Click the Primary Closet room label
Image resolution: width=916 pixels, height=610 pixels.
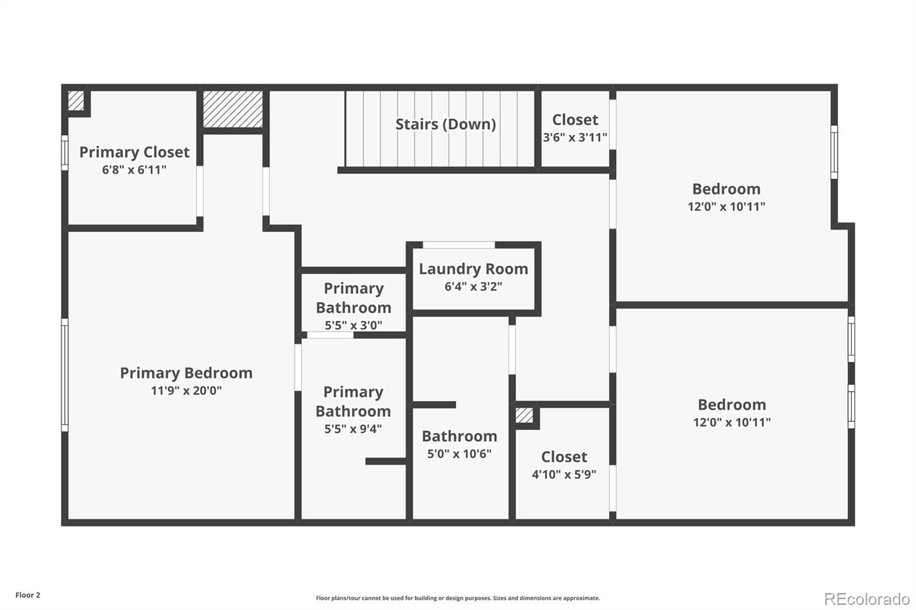pyautogui.click(x=134, y=152)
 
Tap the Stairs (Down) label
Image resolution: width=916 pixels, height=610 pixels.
pyautogui.click(x=445, y=124)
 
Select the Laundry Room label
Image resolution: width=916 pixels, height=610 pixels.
pyautogui.click(x=473, y=269)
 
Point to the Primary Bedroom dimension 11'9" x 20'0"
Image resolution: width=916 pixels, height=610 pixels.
pyautogui.click(x=186, y=390)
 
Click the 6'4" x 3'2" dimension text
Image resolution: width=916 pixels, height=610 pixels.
pyautogui.click(x=473, y=287)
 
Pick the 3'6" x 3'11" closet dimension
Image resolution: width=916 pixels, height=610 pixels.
pyautogui.click(x=575, y=137)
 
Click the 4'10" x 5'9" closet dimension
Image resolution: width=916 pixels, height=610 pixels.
pyautogui.click(x=564, y=474)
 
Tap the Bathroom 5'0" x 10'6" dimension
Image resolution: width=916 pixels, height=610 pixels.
pyautogui.click(x=459, y=454)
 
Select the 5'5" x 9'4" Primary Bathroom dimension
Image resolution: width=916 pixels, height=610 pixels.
pyautogui.click(x=353, y=429)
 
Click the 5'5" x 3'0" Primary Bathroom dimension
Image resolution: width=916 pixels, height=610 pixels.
pyautogui.click(x=353, y=326)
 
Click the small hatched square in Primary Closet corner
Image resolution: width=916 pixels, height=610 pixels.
pyautogui.click(x=76, y=101)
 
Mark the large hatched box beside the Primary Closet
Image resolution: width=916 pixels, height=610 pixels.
pyautogui.click(x=232, y=109)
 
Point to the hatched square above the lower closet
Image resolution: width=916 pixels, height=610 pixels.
pyautogui.click(x=524, y=415)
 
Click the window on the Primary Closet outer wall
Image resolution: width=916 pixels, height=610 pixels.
pyautogui.click(x=65, y=152)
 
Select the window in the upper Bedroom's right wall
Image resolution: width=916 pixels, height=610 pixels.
pyautogui.click(x=834, y=152)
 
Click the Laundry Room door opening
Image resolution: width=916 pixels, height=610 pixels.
pyautogui.click(x=459, y=245)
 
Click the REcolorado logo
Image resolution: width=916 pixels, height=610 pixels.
pyautogui.click(x=867, y=599)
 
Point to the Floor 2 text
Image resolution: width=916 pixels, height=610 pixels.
pyautogui.click(x=28, y=595)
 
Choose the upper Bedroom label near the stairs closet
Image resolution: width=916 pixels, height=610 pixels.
pyautogui.click(x=727, y=189)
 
